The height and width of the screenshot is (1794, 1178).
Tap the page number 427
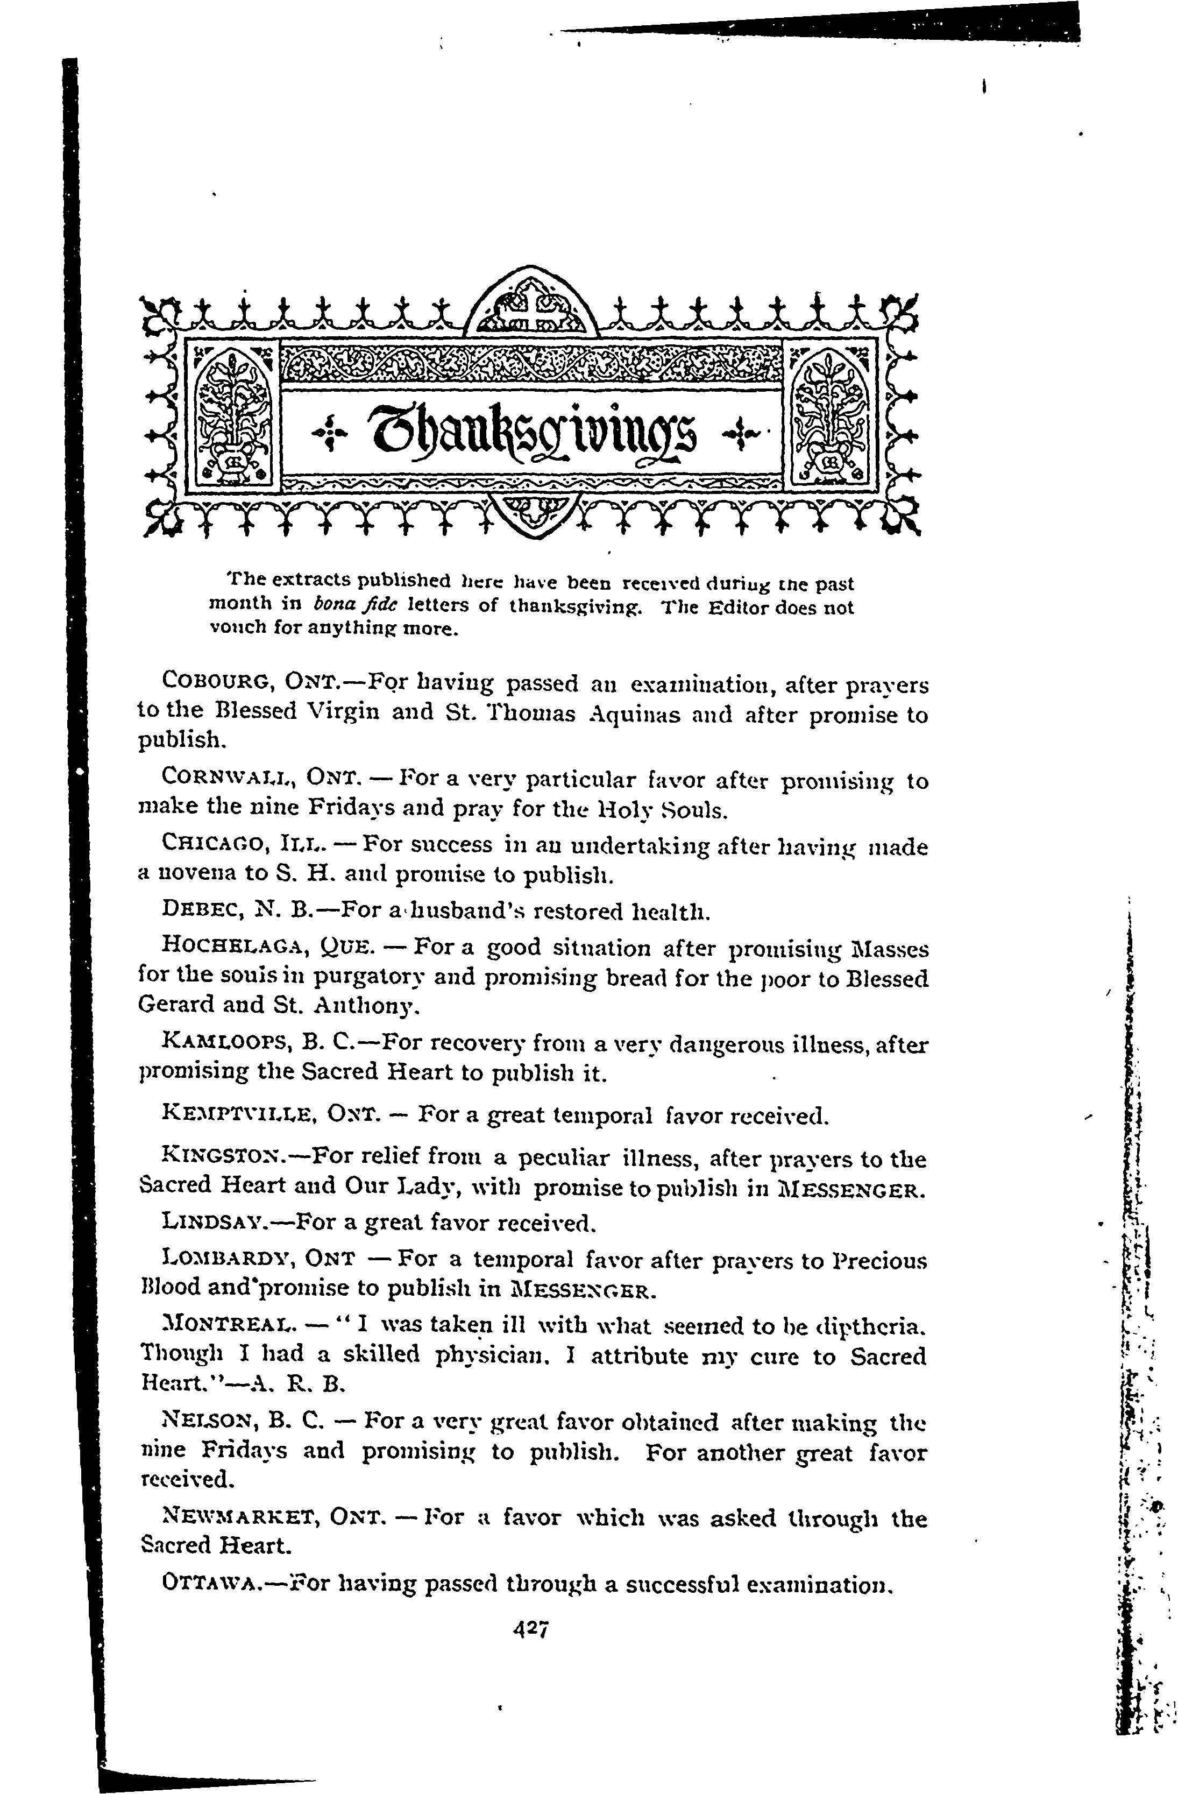531,1629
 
